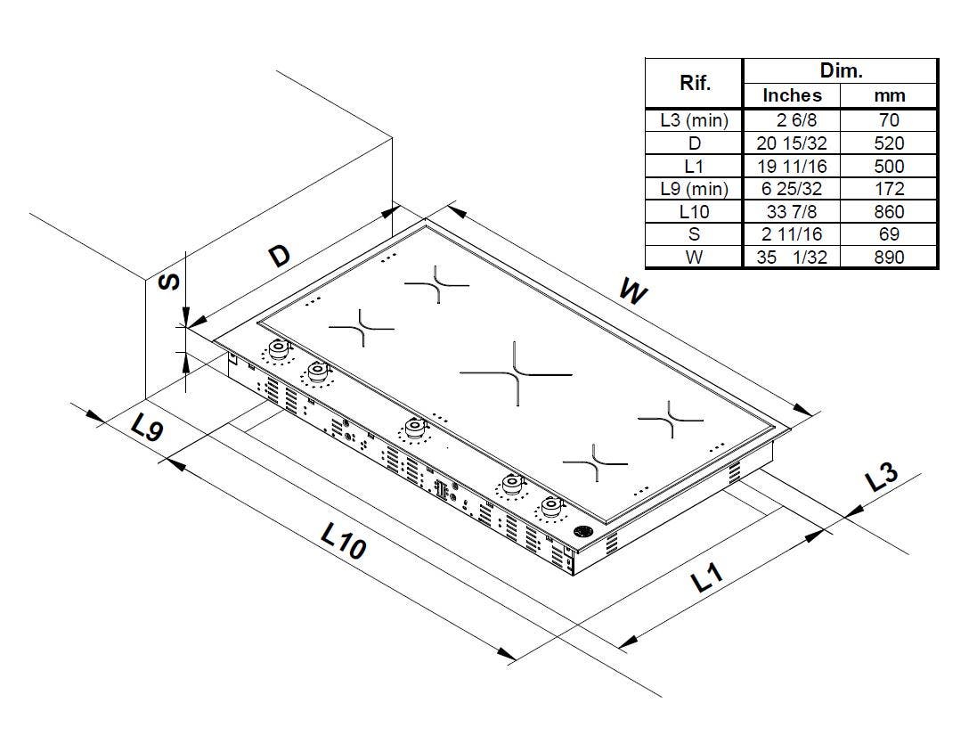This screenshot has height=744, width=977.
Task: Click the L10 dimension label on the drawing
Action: [x=343, y=540]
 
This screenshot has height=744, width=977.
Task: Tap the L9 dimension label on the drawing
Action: [x=147, y=428]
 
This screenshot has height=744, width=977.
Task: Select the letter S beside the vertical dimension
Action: [x=168, y=282]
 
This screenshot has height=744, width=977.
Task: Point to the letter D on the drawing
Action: [x=281, y=256]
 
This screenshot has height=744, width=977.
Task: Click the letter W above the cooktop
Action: [x=634, y=291]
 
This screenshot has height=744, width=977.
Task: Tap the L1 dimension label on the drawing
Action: [x=707, y=578]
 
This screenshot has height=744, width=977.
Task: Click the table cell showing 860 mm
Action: [x=889, y=212]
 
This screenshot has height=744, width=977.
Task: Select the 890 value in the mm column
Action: [x=889, y=257]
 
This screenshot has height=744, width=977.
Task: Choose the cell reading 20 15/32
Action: [x=792, y=143]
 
